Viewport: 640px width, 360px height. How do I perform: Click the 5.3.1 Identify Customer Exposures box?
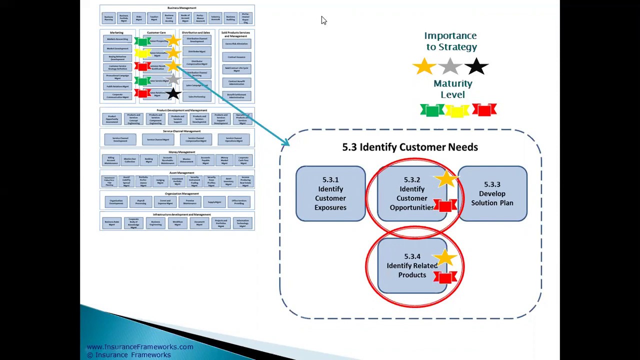(x=330, y=193)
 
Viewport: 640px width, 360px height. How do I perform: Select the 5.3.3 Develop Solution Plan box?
(x=492, y=193)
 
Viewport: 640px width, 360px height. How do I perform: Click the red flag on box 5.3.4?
(x=445, y=277)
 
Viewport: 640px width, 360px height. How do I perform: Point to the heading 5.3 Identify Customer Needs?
(x=410, y=147)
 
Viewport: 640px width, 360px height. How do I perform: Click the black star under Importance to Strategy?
(x=476, y=66)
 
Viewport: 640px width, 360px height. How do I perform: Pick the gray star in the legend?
(x=450, y=66)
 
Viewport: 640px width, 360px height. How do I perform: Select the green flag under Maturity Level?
(x=431, y=110)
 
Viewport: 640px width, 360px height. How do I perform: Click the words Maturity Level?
(x=452, y=89)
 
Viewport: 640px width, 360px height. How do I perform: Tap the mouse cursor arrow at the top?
(x=323, y=20)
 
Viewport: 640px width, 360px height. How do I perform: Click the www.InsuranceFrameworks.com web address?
(x=139, y=347)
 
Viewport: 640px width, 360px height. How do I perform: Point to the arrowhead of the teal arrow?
(x=285, y=144)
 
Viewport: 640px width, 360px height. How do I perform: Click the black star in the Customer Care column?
(x=173, y=93)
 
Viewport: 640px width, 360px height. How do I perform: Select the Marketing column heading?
(x=116, y=32)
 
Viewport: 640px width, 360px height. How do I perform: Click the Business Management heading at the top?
(x=181, y=8)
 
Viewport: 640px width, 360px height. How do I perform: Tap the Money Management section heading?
(x=181, y=152)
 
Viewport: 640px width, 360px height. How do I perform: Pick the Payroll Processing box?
(x=140, y=202)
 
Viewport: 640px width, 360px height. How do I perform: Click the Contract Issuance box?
(x=236, y=57)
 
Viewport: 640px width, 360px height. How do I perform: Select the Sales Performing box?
(x=196, y=96)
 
